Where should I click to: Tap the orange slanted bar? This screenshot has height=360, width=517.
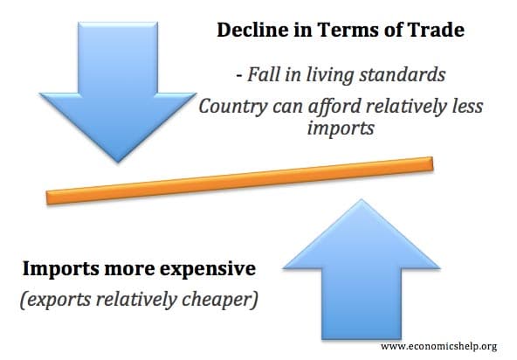tap(239, 181)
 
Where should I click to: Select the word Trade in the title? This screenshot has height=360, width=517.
tap(436, 30)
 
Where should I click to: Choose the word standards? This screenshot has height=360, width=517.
tap(403, 74)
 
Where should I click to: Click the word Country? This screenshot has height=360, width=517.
tap(233, 107)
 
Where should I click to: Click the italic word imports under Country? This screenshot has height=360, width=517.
tap(341, 128)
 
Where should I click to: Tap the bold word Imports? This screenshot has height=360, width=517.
tap(60, 269)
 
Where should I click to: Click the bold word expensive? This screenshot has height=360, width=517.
tap(208, 269)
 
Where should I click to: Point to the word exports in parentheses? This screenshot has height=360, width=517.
tap(59, 300)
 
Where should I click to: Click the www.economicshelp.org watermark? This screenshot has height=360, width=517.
tap(439, 347)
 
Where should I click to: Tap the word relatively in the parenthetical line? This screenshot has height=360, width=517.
tap(136, 300)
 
